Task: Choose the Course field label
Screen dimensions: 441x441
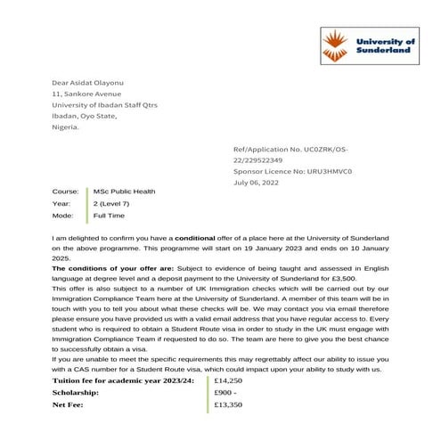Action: [x=66, y=192]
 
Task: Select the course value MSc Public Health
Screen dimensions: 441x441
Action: [x=125, y=192]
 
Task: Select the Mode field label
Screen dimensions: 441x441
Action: [x=62, y=216]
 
